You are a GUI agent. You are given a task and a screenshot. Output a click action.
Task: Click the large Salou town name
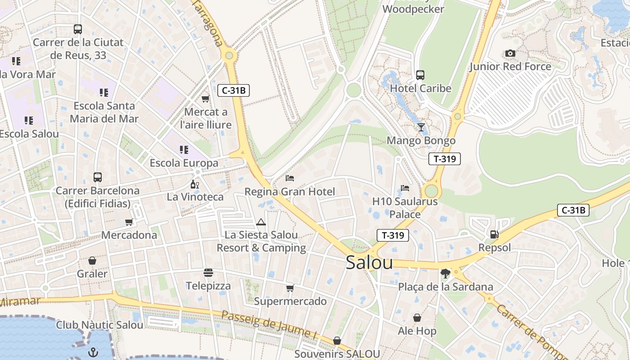coord(369,263)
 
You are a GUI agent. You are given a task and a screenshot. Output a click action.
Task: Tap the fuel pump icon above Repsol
coord(494,234)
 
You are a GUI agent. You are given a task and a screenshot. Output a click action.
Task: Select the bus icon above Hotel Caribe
coord(420,75)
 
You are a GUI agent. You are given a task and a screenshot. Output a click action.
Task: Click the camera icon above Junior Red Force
coord(510,54)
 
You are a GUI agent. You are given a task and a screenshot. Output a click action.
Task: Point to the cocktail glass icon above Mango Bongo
coord(421,127)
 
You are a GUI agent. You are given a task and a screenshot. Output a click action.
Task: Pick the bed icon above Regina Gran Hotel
coord(290,178)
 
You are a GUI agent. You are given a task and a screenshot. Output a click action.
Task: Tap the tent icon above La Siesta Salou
coord(261,222)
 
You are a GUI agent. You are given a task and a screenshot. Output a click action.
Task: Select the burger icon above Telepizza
coord(208,273)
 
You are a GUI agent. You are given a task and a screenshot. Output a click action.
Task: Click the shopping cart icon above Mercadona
coord(129,222)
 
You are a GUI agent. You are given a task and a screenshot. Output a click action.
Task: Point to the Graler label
coord(92,274)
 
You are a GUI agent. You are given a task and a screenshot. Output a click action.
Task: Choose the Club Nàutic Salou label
coord(100,324)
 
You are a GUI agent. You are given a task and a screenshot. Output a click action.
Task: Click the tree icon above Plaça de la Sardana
coord(445,274)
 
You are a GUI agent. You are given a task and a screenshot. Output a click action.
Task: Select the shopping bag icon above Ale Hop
coord(417,318)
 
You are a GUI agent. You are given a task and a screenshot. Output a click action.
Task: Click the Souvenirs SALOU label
coord(337,354)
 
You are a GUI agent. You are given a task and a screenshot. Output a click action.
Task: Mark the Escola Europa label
coord(184,163)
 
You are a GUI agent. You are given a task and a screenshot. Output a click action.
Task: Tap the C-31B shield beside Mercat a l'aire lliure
coord(233,90)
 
